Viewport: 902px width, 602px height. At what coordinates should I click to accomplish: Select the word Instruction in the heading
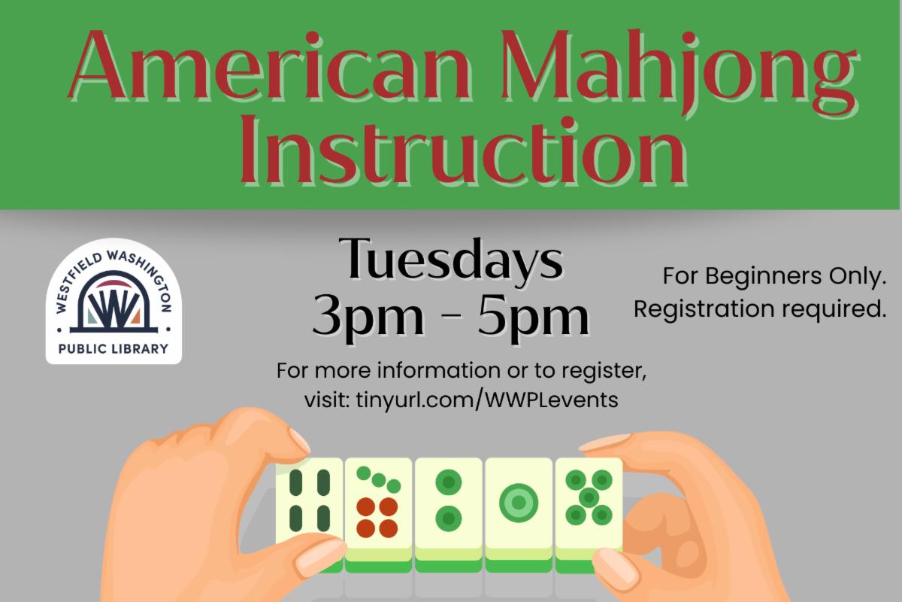tap(463, 150)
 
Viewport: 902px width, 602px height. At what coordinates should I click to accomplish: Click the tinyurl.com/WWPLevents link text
tap(487, 400)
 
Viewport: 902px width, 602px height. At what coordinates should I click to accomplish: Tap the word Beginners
tap(763, 277)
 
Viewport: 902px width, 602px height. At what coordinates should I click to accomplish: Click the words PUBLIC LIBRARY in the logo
tap(114, 348)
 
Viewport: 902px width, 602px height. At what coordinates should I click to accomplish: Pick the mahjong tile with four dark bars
tap(309, 508)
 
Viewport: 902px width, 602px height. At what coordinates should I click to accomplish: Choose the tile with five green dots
tap(589, 512)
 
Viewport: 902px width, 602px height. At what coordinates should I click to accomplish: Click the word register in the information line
tap(604, 371)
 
